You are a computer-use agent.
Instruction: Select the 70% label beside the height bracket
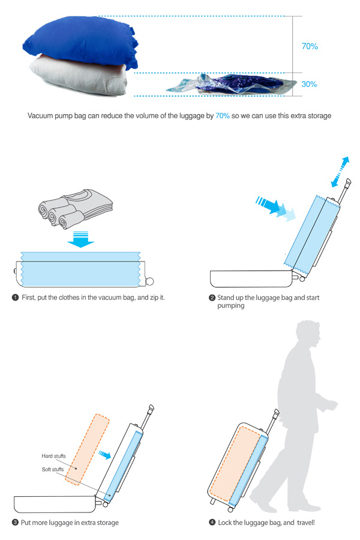tap(310, 46)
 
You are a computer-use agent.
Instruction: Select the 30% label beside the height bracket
tap(309, 84)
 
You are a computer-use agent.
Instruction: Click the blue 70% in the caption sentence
tap(223, 116)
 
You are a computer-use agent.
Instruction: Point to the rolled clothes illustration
tap(76, 209)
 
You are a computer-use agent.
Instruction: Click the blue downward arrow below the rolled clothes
tap(80, 239)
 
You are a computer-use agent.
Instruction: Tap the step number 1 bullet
tap(15, 298)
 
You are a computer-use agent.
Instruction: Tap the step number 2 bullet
tap(212, 298)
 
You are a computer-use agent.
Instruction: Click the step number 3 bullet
tap(15, 523)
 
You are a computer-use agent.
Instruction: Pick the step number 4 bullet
tap(212, 523)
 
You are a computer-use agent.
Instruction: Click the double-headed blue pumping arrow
tap(340, 172)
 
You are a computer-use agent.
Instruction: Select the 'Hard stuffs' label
tap(53, 456)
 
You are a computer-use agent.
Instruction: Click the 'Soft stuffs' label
tap(53, 469)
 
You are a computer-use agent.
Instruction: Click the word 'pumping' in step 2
tap(231, 306)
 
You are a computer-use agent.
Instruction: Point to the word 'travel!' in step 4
tap(306, 523)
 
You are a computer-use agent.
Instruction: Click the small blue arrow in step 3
tap(105, 455)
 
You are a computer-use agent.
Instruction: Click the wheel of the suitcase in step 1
tap(150, 281)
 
